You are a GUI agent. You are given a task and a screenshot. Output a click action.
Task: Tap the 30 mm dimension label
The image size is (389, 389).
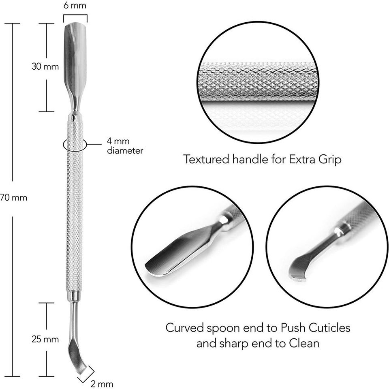point(45,67)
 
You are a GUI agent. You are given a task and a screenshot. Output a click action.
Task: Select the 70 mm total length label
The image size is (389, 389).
point(14,198)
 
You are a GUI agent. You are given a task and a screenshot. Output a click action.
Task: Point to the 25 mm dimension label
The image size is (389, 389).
point(45,339)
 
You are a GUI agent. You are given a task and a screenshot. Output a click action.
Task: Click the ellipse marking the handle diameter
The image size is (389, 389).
point(75,144)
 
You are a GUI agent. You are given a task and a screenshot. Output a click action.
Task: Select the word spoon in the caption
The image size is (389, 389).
point(219,327)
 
